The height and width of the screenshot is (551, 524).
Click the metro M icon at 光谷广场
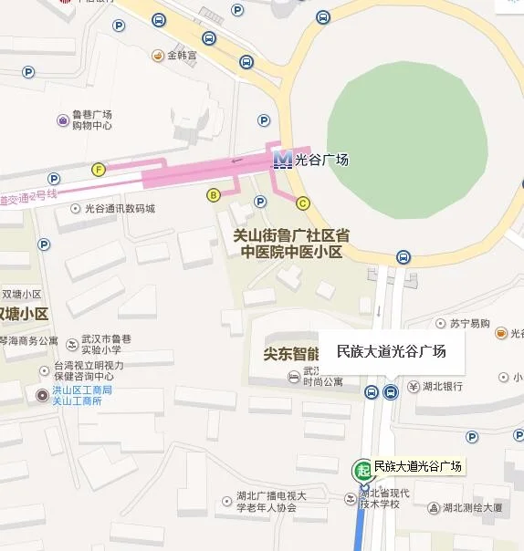pos(283,160)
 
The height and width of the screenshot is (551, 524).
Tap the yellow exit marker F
pos(99,169)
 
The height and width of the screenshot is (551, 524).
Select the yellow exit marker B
pos(214,194)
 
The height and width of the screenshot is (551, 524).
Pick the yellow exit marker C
pos(302,203)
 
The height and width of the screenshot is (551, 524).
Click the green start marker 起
pos(362,470)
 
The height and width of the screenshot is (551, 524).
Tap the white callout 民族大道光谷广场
pos(391,351)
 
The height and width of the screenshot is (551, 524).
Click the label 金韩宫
pos(181,56)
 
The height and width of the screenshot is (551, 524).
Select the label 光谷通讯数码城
pos(120,209)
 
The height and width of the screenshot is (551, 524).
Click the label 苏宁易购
pos(469,324)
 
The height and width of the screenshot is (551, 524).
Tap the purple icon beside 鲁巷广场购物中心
pos(63,120)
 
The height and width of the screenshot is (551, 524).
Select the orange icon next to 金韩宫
pos(158,56)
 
